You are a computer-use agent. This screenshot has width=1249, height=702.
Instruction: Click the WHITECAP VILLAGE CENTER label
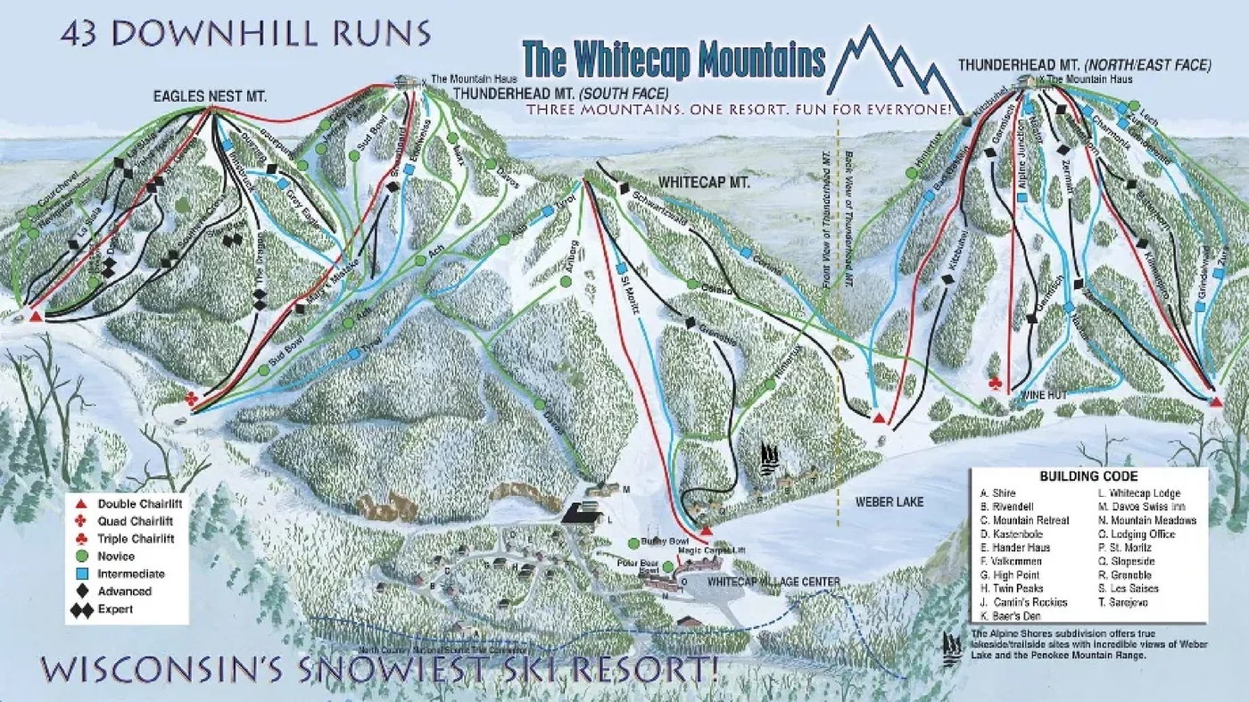tap(773, 582)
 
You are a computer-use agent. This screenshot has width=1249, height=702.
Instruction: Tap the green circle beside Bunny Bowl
tap(633, 542)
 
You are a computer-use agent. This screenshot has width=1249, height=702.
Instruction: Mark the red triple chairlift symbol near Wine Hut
tap(997, 384)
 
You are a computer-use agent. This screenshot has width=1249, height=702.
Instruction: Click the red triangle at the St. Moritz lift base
tap(706, 531)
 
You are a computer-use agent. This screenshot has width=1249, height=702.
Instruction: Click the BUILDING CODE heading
tap(1088, 476)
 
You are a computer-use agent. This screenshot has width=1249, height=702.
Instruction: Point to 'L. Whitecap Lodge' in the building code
tap(1139, 493)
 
